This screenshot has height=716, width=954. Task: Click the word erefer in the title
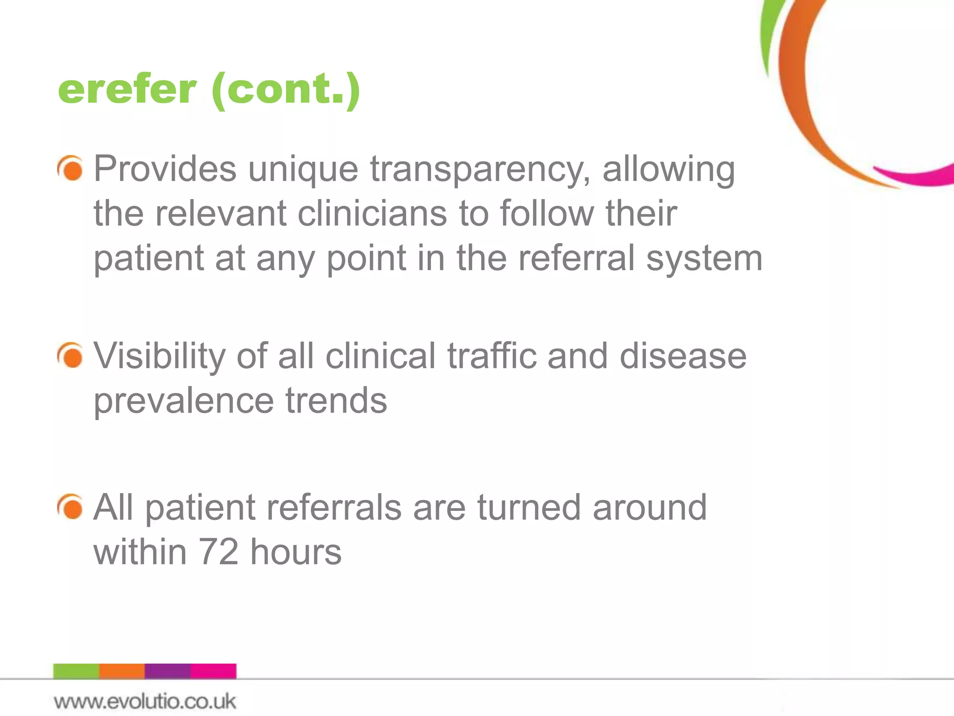[127, 89]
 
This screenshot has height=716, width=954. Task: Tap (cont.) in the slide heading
[286, 89]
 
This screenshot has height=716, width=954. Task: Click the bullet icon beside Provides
[71, 168]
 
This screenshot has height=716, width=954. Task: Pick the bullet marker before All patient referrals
[71, 507]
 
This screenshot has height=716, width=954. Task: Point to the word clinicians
[373, 213]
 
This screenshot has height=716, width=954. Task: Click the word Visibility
[159, 357]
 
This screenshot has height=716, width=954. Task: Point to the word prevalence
[184, 401]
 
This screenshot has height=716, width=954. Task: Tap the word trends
[336, 400]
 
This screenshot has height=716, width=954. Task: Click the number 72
[218, 552]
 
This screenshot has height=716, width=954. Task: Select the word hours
[296, 552]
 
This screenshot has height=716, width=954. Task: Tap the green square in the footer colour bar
[76, 671]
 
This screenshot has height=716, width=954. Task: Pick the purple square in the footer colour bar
[168, 671]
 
